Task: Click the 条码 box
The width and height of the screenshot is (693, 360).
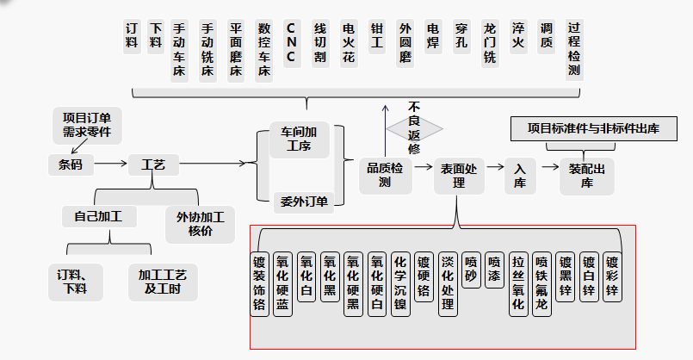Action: pyautogui.click(x=71, y=164)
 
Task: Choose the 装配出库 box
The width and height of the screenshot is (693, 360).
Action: pyautogui.click(x=587, y=175)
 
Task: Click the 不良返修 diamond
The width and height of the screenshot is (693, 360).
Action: pyautogui.click(x=414, y=128)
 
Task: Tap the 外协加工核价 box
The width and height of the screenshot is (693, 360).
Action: pyautogui.click(x=200, y=223)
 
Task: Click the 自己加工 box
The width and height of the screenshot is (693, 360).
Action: pyautogui.click(x=92, y=216)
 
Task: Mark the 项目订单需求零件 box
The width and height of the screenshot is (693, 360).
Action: pyautogui.click(x=87, y=125)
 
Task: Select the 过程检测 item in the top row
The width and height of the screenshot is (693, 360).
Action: pyautogui.click(x=574, y=50)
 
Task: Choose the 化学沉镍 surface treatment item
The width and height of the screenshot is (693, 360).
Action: pyautogui.click(x=399, y=285)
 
